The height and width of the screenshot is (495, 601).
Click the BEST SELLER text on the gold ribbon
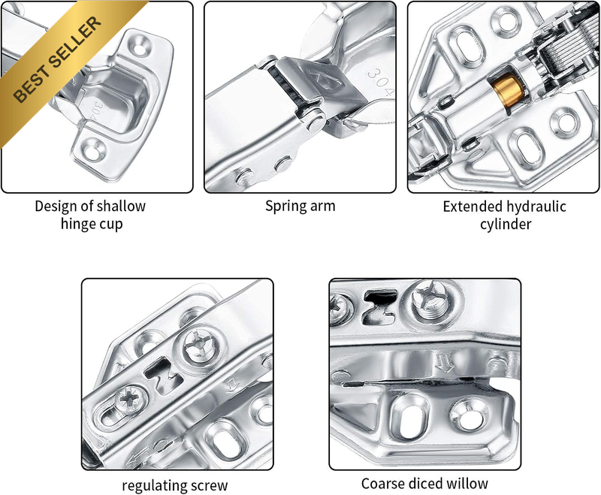tap(58, 59)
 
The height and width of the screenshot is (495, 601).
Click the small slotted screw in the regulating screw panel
tap(130, 399)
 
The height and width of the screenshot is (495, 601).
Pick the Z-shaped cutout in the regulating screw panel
tap(163, 376)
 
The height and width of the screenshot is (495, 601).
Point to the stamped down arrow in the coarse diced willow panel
tap(445, 362)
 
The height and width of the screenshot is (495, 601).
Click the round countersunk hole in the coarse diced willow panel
tap(468, 416)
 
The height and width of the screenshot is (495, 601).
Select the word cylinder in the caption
tap(506, 224)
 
